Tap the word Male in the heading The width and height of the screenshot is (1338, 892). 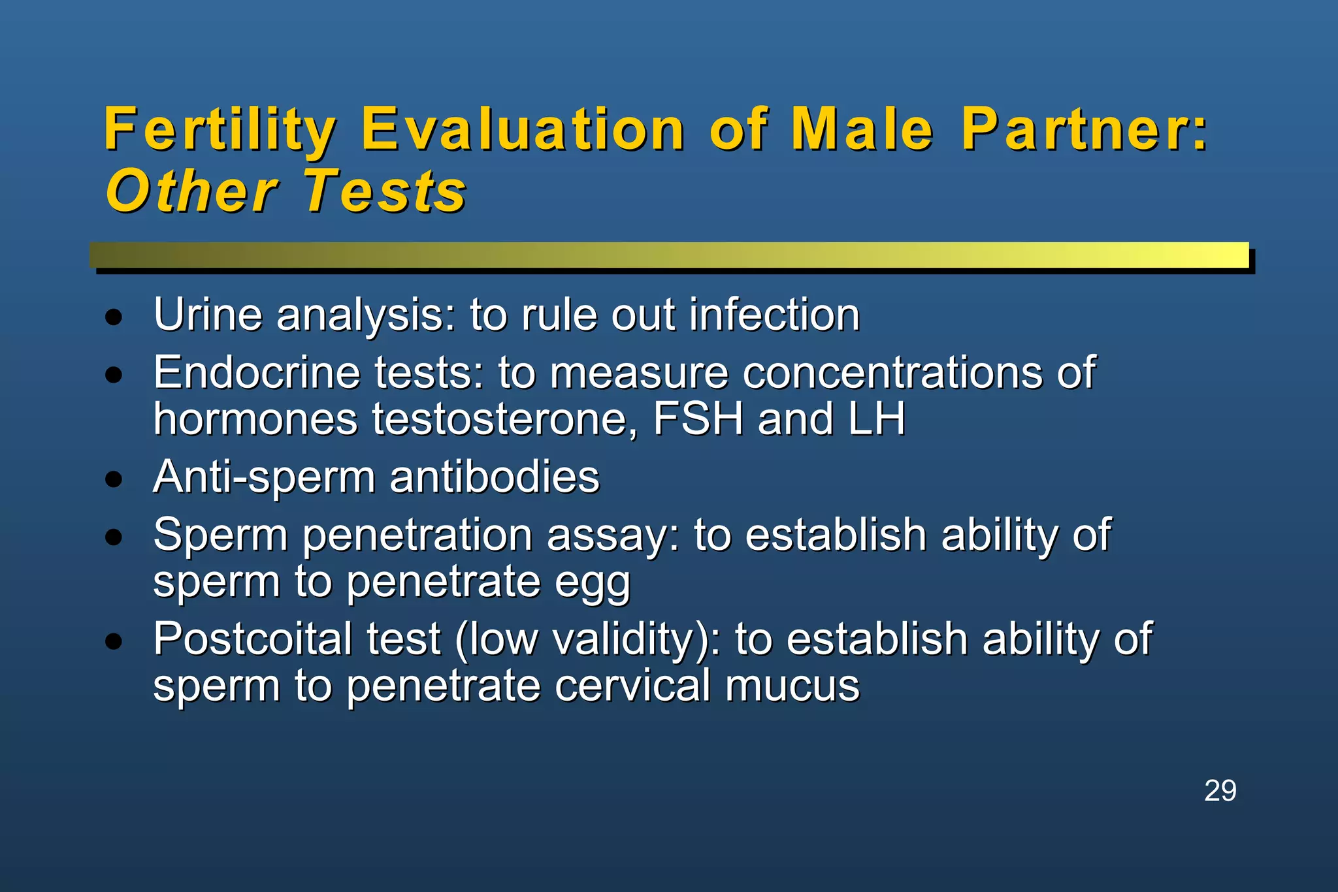point(862,130)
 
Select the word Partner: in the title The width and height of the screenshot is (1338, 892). point(1085,130)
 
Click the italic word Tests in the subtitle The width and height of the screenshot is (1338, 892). point(385,191)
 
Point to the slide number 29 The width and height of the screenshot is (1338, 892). point(1220,791)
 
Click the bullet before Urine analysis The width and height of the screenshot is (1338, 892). point(114,318)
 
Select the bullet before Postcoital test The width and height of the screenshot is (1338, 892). point(114,641)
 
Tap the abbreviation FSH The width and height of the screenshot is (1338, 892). point(698,419)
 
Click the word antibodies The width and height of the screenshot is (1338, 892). point(495,477)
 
